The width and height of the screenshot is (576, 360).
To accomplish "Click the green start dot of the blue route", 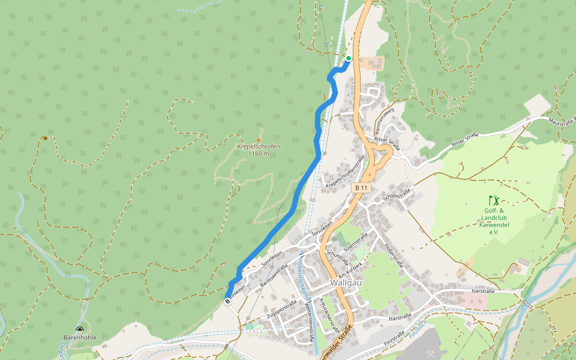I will point(348,58).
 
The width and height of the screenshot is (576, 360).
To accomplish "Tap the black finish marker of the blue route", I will point(228,300).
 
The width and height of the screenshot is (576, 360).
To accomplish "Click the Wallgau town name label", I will point(345,283).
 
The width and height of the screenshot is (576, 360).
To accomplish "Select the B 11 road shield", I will point(361,188).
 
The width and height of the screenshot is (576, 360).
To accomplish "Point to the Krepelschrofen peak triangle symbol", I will point(259,139).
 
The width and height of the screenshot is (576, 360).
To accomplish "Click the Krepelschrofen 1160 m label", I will point(258,150).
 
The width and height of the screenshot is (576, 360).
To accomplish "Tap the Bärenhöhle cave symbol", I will point(80,329).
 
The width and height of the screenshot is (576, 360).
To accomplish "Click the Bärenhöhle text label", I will point(80,337).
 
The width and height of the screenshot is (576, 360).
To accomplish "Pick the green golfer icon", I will point(493,200).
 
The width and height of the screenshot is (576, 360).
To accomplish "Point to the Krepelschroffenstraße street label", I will point(346,174).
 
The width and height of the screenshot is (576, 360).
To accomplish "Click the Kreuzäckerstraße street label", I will point(330,316).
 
